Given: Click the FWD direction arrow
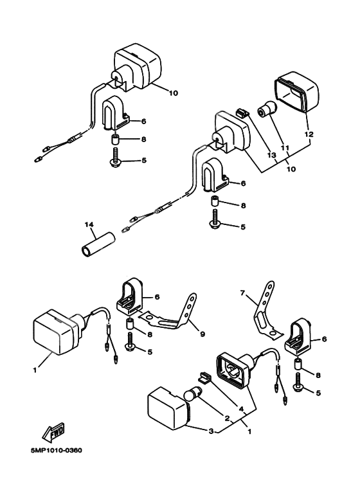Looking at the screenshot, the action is click(x=53, y=432).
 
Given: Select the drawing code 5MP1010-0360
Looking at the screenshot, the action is click(x=57, y=450).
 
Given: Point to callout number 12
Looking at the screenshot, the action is click(x=309, y=134).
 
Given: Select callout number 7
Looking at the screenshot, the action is click(x=242, y=293).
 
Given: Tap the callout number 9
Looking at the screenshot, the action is click(x=203, y=334).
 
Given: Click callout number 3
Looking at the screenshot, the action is click(x=211, y=431).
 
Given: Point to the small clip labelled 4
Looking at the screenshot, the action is click(x=204, y=377).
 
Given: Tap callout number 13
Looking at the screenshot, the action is click(x=272, y=155).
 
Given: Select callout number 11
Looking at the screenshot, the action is click(x=285, y=148).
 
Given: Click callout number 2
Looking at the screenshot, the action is click(x=227, y=419).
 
